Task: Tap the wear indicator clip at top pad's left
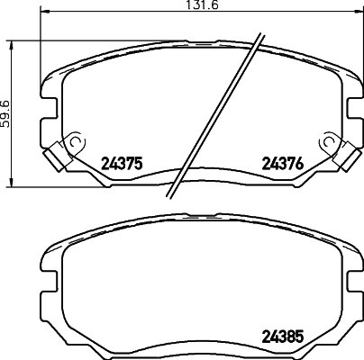pyautogui.click(x=62, y=154)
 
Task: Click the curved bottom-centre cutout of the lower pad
pyautogui.click(x=198, y=352)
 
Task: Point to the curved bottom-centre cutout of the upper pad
pyautogui.click(x=198, y=180)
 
